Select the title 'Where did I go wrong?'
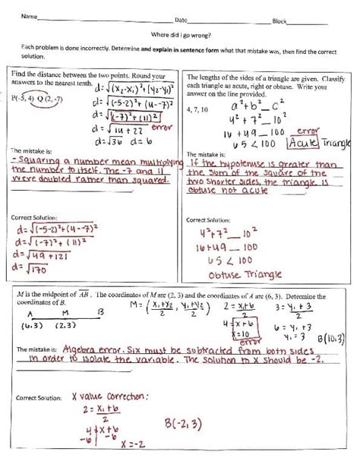(181, 34)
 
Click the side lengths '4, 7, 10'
(197, 109)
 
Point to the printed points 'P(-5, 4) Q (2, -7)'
(42, 98)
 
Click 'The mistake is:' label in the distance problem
(30, 151)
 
